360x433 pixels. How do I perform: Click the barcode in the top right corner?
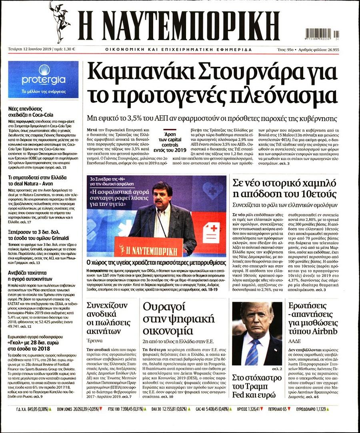(321, 34)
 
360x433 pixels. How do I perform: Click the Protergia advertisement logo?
(43, 80)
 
